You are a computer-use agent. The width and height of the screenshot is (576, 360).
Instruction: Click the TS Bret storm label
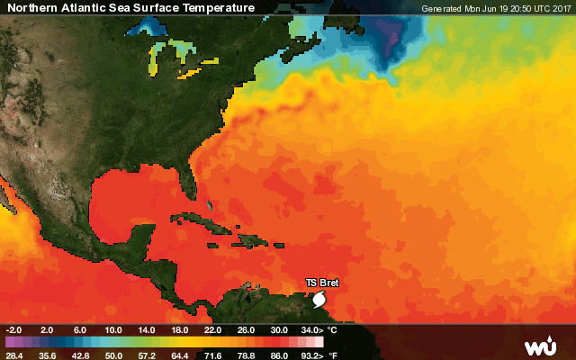click(x=322, y=283)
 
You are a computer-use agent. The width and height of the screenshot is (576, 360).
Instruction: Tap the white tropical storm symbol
click(x=319, y=296)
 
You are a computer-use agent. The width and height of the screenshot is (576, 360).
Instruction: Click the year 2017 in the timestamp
click(x=560, y=9)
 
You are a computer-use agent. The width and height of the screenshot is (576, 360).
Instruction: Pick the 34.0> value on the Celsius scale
click(x=310, y=330)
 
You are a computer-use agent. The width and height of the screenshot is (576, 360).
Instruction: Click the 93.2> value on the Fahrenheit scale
click(x=310, y=355)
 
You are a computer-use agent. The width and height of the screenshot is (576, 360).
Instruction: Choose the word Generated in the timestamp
click(x=442, y=9)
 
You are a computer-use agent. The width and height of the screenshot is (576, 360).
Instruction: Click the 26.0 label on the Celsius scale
click(x=247, y=330)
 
